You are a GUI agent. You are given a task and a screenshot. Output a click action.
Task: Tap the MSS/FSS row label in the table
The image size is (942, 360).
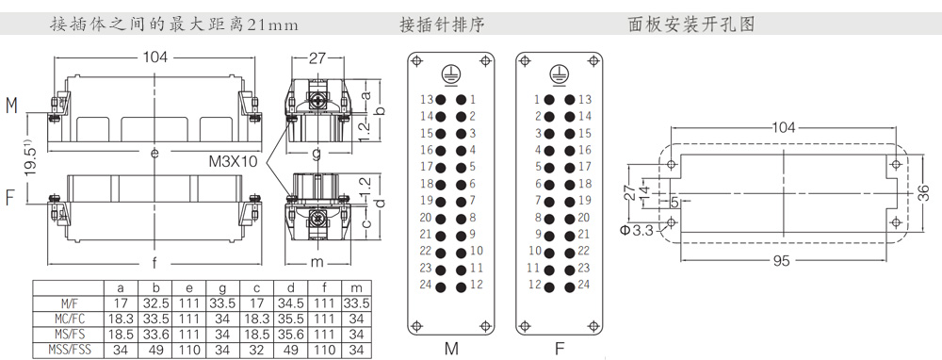click(x=70, y=350)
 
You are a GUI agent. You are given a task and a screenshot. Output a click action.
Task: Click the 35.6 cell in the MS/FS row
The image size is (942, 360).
click(x=291, y=334)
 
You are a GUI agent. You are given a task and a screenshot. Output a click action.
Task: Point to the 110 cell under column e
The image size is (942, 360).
click(x=188, y=350)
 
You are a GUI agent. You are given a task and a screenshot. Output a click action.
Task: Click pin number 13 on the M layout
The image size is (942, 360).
click(x=427, y=99)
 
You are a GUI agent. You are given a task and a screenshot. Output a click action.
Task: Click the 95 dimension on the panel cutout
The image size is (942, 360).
click(x=782, y=261)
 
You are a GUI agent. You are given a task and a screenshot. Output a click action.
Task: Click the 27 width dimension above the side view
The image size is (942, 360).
click(x=317, y=57)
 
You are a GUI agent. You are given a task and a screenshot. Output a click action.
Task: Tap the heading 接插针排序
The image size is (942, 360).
click(x=442, y=25)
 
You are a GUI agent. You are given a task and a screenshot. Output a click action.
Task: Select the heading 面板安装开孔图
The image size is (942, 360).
click(x=690, y=25)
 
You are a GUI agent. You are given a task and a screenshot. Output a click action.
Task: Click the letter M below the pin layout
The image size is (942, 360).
click(x=451, y=349)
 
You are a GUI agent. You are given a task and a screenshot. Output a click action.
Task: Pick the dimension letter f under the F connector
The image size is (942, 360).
click(x=154, y=262)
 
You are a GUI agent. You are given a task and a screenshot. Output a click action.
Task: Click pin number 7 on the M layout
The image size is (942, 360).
click(x=473, y=200)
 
